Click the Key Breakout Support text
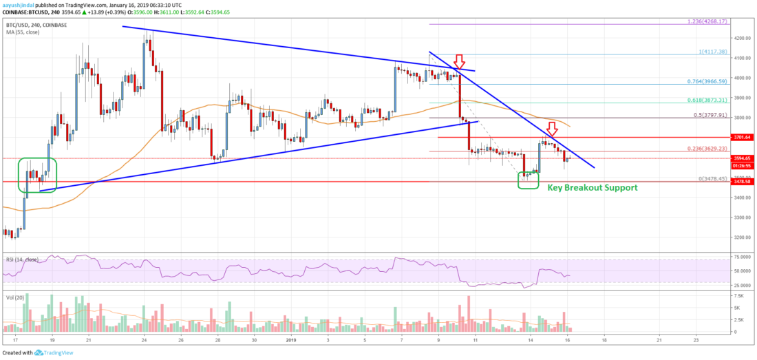click(592, 187)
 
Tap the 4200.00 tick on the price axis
click(743, 39)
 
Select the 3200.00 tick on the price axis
click(743, 237)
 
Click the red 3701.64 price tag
click(743, 137)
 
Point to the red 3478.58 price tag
click(743, 182)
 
